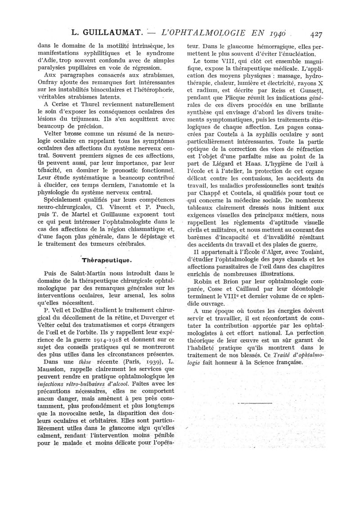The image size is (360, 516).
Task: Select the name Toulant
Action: click(x=301, y=252)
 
